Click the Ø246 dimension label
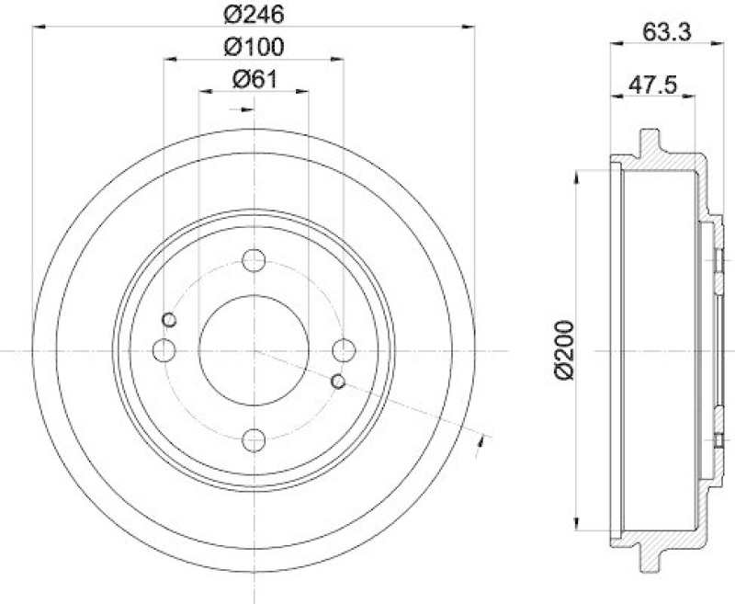[x=254, y=14]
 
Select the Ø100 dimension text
[x=254, y=46]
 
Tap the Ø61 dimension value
[x=254, y=80]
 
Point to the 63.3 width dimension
[x=666, y=31]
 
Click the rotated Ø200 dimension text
[x=562, y=350]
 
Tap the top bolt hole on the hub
[x=254, y=261]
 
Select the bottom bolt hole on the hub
[x=254, y=440]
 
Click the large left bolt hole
[x=164, y=350]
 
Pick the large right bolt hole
[x=344, y=350]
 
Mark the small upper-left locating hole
[x=169, y=320]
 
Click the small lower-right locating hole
[x=338, y=381]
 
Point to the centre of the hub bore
[x=254, y=350]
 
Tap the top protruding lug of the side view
[x=650, y=145]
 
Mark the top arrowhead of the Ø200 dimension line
[x=576, y=174]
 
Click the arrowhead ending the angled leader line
[x=481, y=445]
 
